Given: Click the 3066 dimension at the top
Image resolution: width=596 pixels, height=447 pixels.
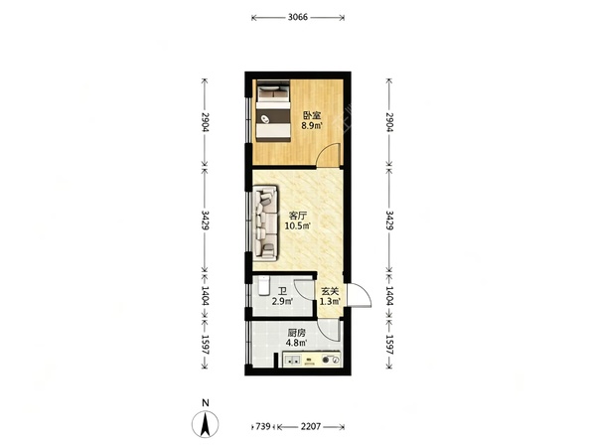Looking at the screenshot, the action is pos(298,17).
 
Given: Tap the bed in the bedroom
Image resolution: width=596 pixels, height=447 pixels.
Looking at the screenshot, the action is pos(272,111).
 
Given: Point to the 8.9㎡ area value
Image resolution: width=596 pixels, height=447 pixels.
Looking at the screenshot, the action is pos(312,126).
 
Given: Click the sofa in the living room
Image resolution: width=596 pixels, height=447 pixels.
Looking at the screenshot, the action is pos(265,223).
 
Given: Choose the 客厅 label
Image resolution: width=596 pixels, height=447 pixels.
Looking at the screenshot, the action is pos(298,216).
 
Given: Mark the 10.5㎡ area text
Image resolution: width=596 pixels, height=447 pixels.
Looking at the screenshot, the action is pos(298,226).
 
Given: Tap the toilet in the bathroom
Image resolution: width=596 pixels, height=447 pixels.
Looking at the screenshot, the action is pos(264,286).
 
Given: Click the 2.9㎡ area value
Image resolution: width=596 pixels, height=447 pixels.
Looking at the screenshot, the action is pos(282,302).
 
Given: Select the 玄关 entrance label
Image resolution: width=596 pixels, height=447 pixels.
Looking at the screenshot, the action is pos(330,291).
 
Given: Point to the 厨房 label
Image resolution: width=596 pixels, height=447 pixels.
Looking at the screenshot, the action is pos(296,333).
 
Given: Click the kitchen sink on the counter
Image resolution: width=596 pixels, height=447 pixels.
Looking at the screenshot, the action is pos(293,360).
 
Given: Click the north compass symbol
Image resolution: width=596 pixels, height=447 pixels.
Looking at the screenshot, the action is pos(206,424).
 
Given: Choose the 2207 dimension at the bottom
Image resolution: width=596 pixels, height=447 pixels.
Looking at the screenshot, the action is pos(311,426).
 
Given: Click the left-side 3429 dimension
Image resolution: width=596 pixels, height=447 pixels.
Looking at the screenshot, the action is pos(206,221).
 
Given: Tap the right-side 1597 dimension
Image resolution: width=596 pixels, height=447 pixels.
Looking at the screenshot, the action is pos(389,345).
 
